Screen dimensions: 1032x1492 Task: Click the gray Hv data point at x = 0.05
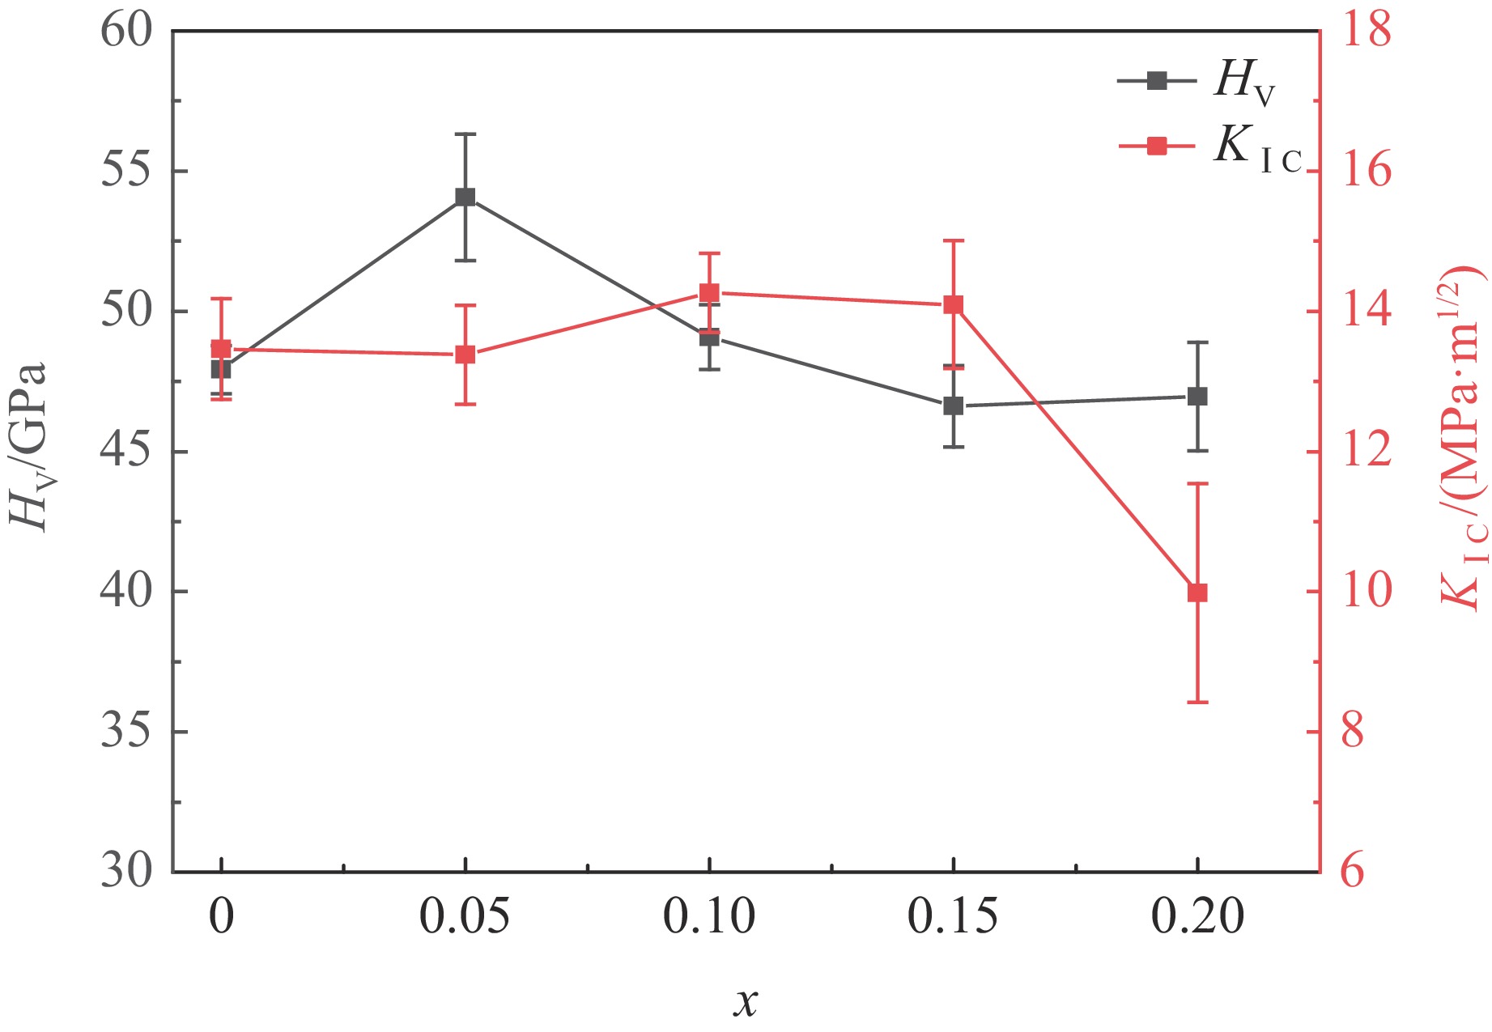click(465, 197)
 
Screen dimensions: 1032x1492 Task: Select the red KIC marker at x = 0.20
click(1197, 592)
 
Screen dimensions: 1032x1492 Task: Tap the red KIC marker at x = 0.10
click(709, 292)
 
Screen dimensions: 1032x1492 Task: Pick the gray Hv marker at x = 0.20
click(1197, 396)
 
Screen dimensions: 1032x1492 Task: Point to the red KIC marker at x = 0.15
click(954, 304)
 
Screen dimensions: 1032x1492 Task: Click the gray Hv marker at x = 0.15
click(954, 406)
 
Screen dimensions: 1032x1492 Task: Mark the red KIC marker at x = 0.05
click(465, 355)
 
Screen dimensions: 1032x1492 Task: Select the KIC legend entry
click(1209, 147)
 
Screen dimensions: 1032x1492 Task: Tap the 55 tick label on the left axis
click(126, 171)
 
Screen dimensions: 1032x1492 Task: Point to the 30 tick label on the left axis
click(126, 872)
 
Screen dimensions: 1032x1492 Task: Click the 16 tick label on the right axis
click(1366, 171)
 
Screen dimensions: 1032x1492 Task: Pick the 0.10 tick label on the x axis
click(709, 917)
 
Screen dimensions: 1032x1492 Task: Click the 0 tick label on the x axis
click(221, 917)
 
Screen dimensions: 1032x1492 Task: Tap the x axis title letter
click(746, 1002)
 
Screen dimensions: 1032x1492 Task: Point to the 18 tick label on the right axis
click(1366, 31)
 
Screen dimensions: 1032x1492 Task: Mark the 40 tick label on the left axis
click(126, 592)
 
